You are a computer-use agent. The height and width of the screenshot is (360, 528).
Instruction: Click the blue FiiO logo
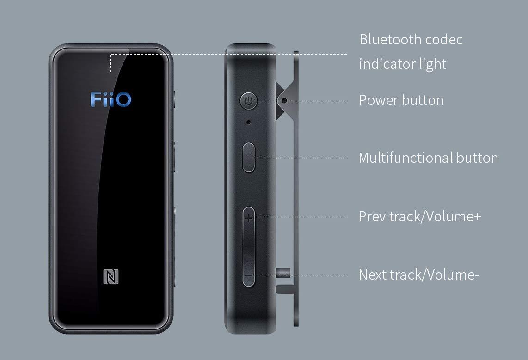click(x=111, y=99)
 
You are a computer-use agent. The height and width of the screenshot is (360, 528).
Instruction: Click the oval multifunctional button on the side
click(x=249, y=157)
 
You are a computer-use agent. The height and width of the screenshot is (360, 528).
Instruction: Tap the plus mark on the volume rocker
click(x=249, y=217)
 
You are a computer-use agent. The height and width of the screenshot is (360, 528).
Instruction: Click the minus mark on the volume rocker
click(x=249, y=275)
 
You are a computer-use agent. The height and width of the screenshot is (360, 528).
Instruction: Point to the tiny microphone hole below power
click(x=249, y=122)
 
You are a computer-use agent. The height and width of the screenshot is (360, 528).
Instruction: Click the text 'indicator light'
click(x=402, y=64)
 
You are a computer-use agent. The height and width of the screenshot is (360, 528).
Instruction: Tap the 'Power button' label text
click(x=401, y=100)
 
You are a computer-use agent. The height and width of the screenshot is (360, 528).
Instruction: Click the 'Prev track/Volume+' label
click(x=419, y=216)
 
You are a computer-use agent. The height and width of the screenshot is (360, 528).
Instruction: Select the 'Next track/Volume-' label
click(x=418, y=275)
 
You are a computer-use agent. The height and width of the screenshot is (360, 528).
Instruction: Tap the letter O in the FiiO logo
click(x=123, y=99)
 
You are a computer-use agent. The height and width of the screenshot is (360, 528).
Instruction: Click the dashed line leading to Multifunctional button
click(x=301, y=158)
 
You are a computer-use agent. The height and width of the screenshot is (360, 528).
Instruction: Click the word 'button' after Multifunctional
click(x=477, y=158)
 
